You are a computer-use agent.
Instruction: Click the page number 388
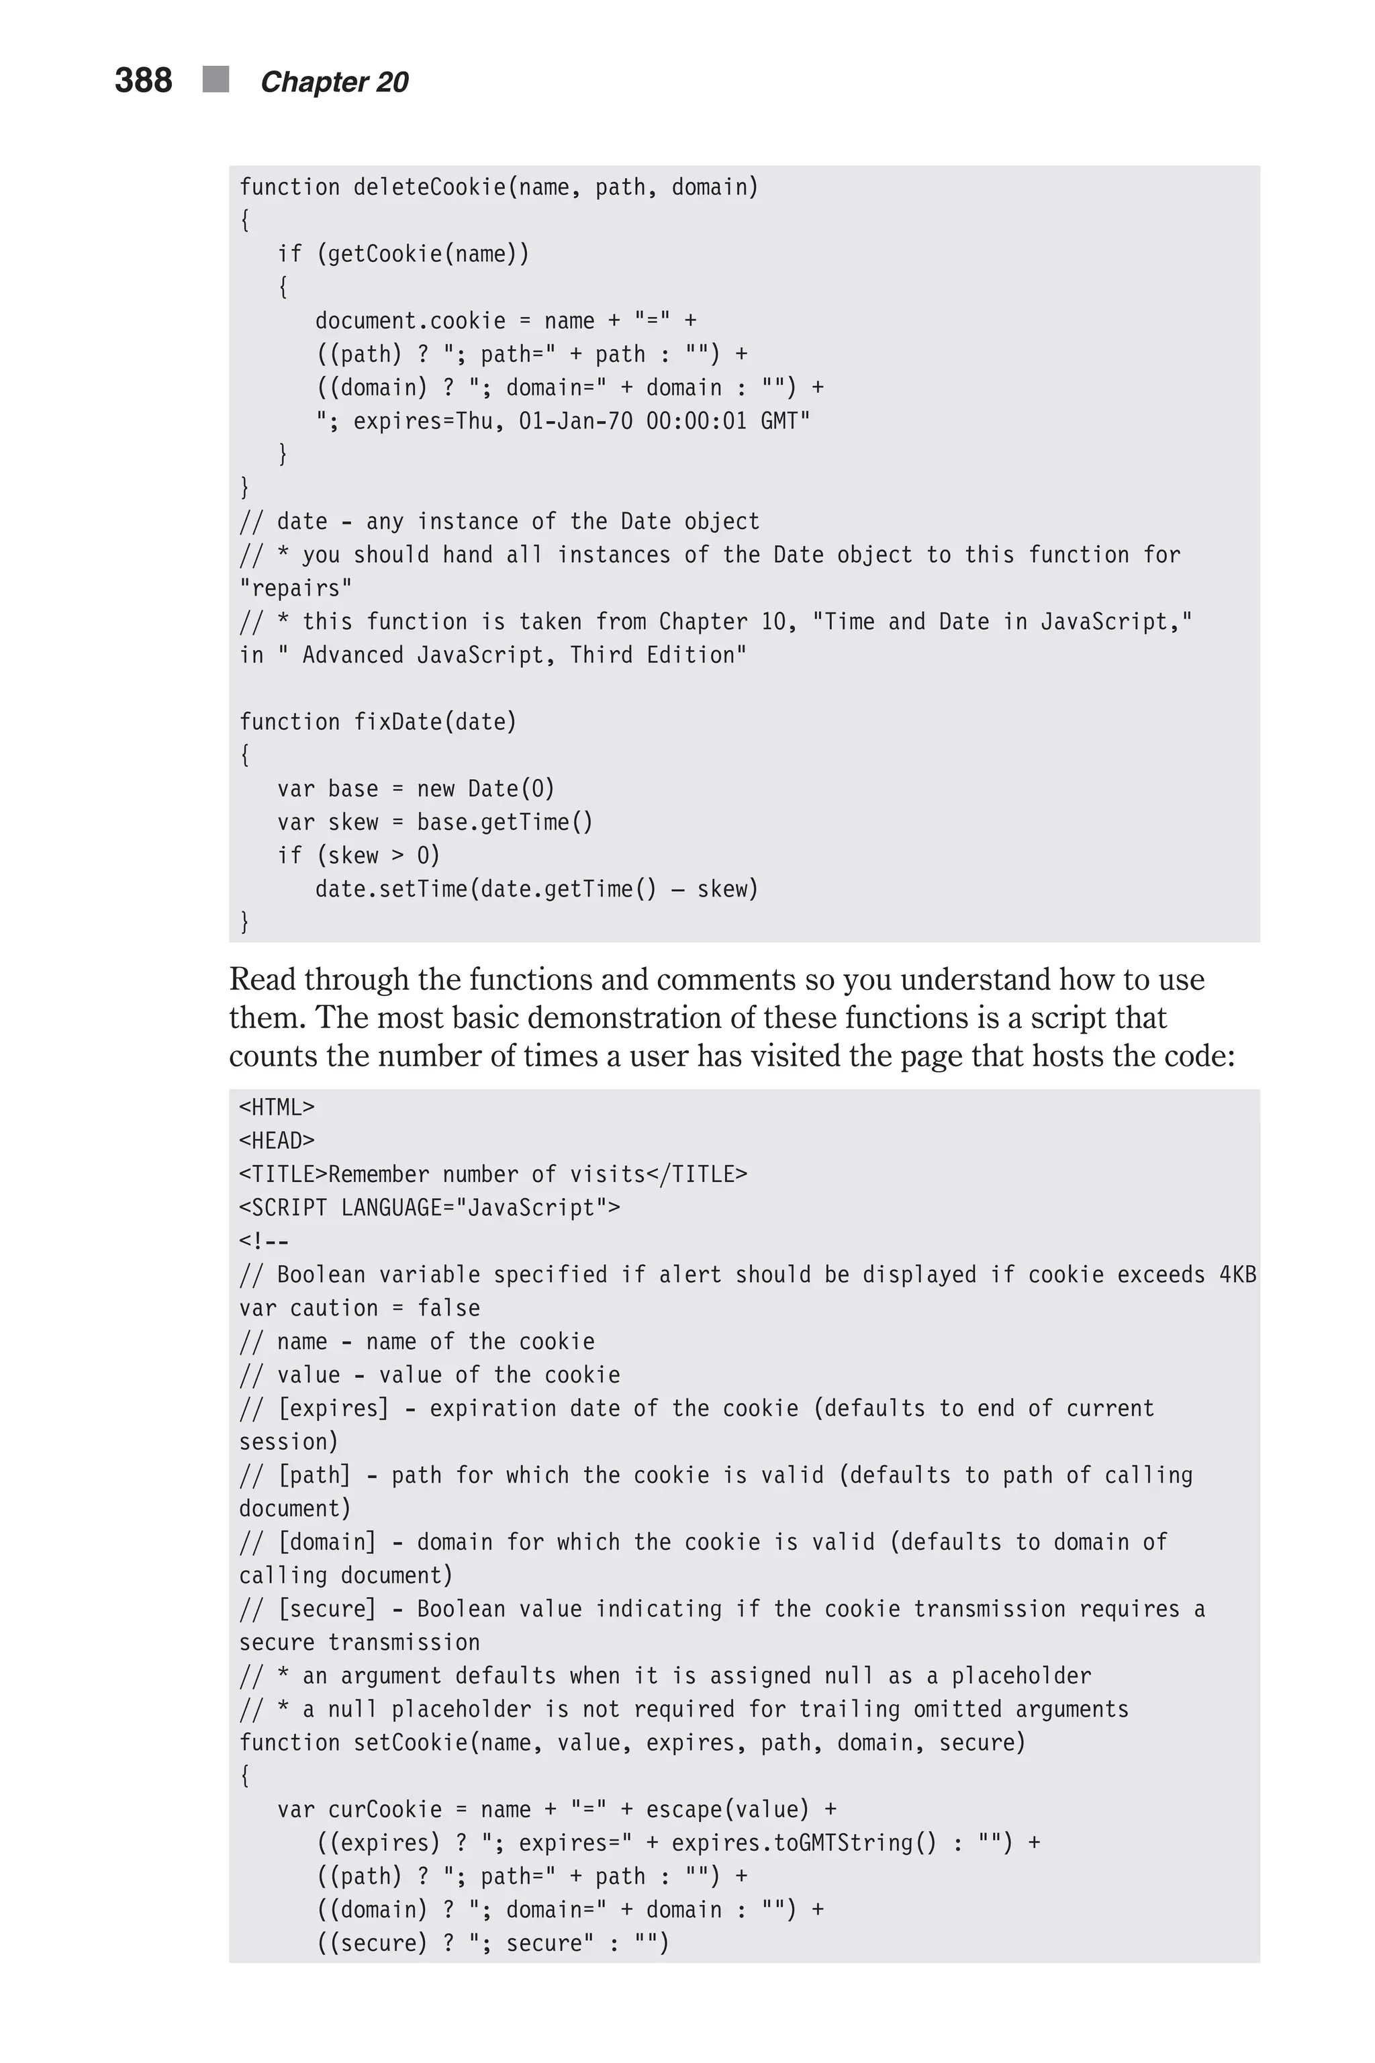click(x=143, y=81)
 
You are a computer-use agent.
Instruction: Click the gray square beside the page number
click(x=216, y=79)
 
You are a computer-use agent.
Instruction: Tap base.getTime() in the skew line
click(x=504, y=823)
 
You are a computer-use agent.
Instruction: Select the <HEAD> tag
click(x=276, y=1141)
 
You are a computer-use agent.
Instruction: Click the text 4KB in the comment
click(x=1237, y=1275)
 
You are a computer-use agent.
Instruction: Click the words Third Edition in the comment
click(x=658, y=655)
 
